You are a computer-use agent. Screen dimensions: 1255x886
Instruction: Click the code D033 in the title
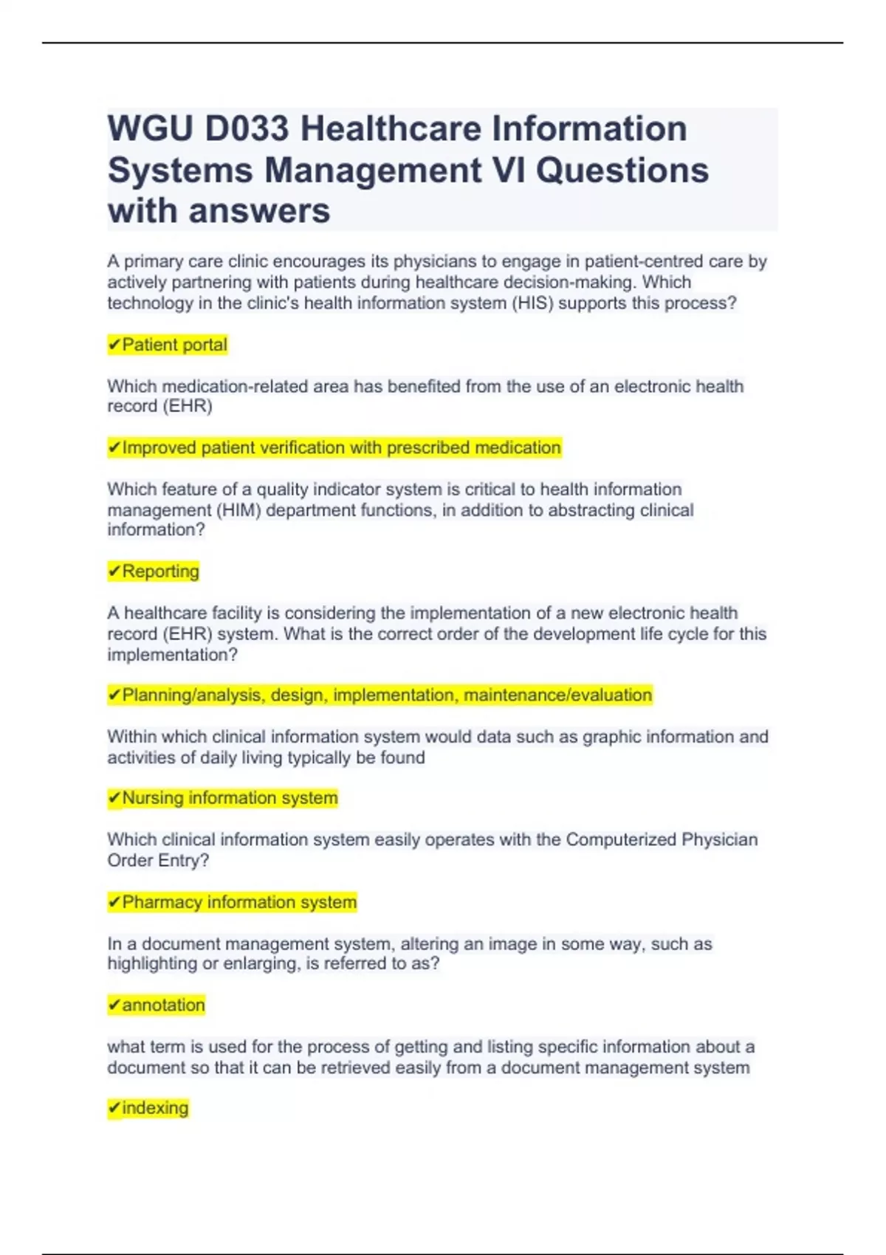click(x=247, y=129)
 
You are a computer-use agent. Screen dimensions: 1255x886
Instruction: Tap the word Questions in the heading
click(x=622, y=171)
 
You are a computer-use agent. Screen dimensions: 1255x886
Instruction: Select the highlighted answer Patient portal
click(x=174, y=345)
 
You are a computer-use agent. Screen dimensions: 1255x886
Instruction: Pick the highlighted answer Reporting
click(x=160, y=571)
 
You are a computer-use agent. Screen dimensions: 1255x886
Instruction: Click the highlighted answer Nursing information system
click(x=230, y=798)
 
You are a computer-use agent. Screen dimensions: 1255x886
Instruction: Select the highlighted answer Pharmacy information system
click(x=239, y=902)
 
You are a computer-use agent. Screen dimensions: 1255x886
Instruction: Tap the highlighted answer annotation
click(x=163, y=1005)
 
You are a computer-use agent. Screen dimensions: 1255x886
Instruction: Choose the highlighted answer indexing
click(x=155, y=1108)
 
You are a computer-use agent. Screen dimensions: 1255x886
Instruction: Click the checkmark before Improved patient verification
click(x=114, y=448)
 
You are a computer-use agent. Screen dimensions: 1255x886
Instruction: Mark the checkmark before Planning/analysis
click(x=114, y=695)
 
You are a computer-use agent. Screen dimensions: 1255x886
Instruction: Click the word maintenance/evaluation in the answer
click(x=557, y=695)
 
